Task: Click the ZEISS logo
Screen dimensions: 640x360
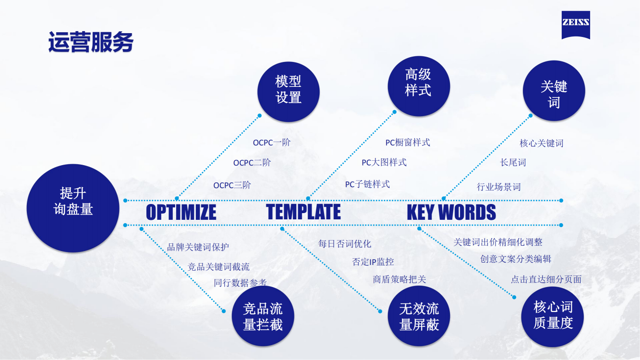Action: pyautogui.click(x=576, y=25)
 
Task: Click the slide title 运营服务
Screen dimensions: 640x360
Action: pyautogui.click(x=91, y=42)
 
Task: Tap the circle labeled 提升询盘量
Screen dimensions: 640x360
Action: pyautogui.click(x=73, y=208)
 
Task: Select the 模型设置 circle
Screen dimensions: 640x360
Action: pyautogui.click(x=288, y=92)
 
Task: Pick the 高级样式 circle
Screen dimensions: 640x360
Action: pyautogui.click(x=419, y=86)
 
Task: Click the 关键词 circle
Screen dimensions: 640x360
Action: pyautogui.click(x=554, y=91)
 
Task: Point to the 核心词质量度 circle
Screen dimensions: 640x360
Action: pyautogui.click(x=553, y=317)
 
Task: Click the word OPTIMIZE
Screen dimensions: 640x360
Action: pyautogui.click(x=181, y=212)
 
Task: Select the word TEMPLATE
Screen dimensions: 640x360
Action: pyautogui.click(x=303, y=212)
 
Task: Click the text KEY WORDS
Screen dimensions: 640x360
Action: pyautogui.click(x=451, y=212)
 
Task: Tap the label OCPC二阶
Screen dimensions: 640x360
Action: pyautogui.click(x=252, y=163)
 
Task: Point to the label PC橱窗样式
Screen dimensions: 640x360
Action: pyautogui.click(x=408, y=142)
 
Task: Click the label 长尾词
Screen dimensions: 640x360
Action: pyautogui.click(x=513, y=162)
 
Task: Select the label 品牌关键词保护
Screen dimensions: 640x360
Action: pyautogui.click(x=198, y=247)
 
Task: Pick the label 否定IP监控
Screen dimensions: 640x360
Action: pyautogui.click(x=373, y=262)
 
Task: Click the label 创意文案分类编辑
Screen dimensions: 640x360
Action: pyautogui.click(x=516, y=259)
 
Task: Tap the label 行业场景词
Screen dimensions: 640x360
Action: pyautogui.click(x=498, y=187)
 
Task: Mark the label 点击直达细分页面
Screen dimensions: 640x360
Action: pyautogui.click(x=546, y=279)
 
